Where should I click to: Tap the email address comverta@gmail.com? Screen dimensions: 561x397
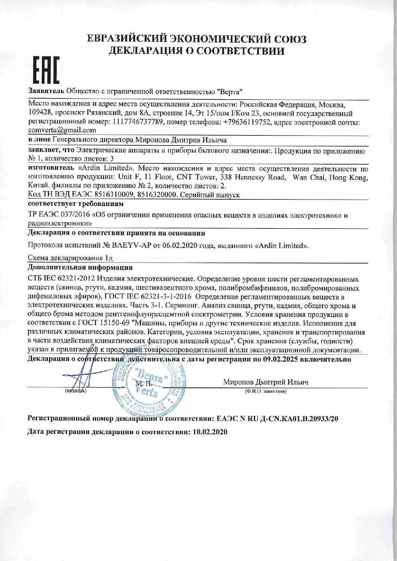coord(62,130)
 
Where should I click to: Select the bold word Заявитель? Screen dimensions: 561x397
coord(46,91)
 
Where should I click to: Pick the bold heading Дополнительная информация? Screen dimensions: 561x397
coord(80,268)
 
